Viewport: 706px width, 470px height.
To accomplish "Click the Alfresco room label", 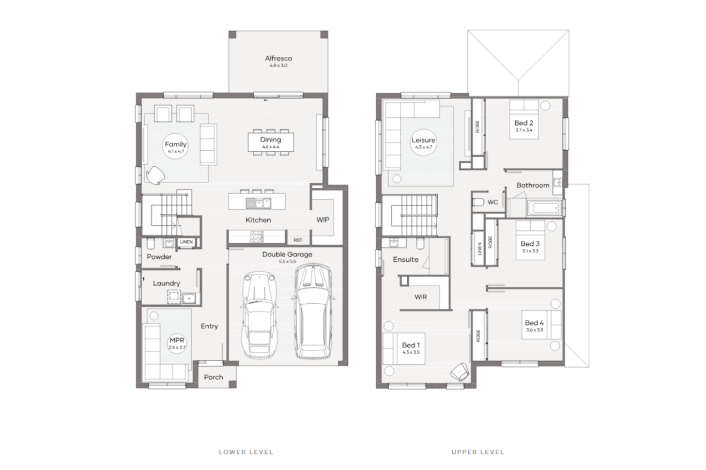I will point(278,59).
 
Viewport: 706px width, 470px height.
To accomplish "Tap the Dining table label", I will point(270,140).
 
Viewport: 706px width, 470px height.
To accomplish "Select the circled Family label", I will point(175,145).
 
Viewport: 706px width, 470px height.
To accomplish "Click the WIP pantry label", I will point(323,220).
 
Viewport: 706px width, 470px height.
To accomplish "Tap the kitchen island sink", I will point(258,203).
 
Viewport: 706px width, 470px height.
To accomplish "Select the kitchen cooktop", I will point(256,237).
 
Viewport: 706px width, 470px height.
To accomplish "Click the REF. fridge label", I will point(298,240).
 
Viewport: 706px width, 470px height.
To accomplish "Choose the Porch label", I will point(213,377).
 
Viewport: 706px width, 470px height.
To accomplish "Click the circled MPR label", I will point(177,342).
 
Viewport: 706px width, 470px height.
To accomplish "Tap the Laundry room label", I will point(166,283).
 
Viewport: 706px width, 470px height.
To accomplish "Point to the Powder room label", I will point(159,257).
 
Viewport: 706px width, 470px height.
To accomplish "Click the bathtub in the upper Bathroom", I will point(543,209).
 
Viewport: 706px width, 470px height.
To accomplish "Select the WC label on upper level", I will point(493,202).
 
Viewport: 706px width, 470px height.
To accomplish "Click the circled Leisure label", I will point(423,141).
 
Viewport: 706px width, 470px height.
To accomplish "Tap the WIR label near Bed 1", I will point(421,297).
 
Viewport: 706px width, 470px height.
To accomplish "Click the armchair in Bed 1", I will point(459,371).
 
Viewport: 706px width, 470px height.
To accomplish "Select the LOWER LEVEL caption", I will point(245,452).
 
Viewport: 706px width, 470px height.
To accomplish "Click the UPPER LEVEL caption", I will point(478,452).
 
